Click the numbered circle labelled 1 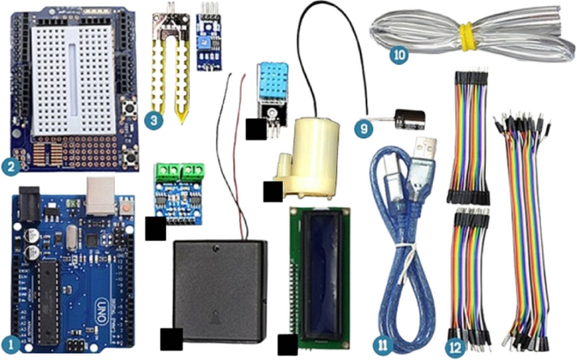pos(11,345)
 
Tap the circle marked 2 pos(11,164)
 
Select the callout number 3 pos(155,118)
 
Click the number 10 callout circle pos(400,53)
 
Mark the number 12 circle pos(455,346)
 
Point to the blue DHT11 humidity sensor pos(268,81)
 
